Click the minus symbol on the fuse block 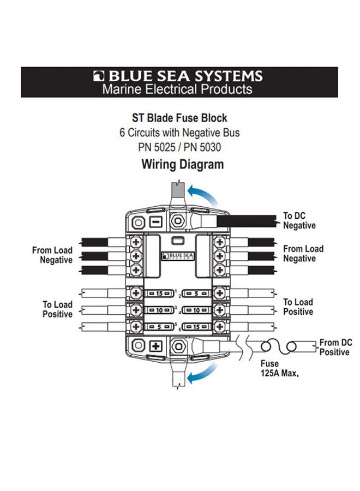155,223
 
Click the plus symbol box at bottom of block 155,346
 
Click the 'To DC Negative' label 299,220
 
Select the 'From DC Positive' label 334,348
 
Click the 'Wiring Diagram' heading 182,164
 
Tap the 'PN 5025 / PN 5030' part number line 179,147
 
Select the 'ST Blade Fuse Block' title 179,118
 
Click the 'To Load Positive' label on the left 58,309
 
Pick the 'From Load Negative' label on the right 303,253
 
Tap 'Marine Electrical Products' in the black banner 177,89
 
